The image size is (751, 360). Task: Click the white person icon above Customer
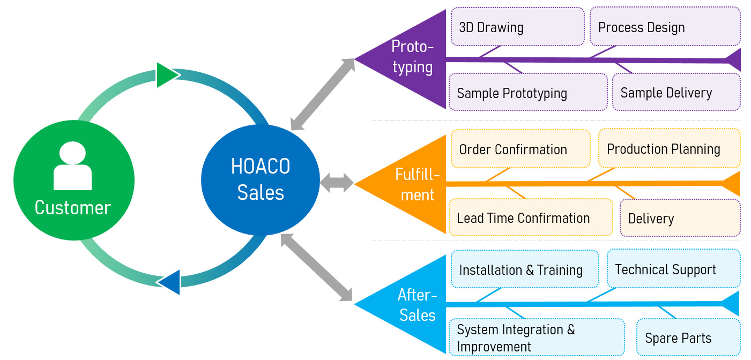72,166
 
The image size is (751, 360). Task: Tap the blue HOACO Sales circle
261,179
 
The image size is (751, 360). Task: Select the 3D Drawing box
518,26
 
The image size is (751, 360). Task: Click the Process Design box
665,26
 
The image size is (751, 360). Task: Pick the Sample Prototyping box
528,92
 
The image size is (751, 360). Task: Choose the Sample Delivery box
676,92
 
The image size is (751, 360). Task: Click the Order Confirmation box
521,148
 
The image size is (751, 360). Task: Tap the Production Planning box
670,148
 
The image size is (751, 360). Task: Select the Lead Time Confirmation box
531,217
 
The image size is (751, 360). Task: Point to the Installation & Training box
525,269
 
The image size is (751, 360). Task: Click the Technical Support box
674,268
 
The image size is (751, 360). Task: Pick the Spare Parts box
689,337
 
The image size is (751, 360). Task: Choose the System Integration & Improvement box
537,337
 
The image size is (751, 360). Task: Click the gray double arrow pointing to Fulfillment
337,183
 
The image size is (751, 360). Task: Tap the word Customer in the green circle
73,208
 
